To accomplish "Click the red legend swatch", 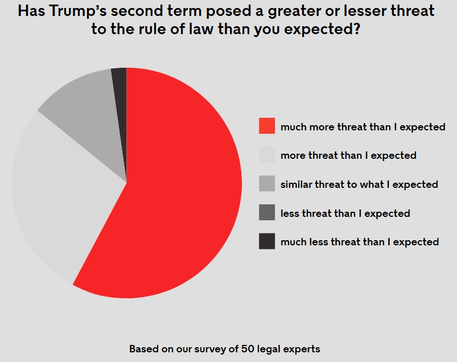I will (267, 126).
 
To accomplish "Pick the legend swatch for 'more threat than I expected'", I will (267, 155).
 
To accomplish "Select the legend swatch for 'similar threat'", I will (267, 184).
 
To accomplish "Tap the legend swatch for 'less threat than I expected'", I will (267, 213).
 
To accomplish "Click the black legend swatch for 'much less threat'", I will (267, 242).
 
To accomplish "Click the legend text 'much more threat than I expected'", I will (363, 126).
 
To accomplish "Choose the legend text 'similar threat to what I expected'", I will (359, 184).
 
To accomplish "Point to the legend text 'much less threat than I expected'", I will (360, 242).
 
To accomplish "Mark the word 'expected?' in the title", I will (320, 30).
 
